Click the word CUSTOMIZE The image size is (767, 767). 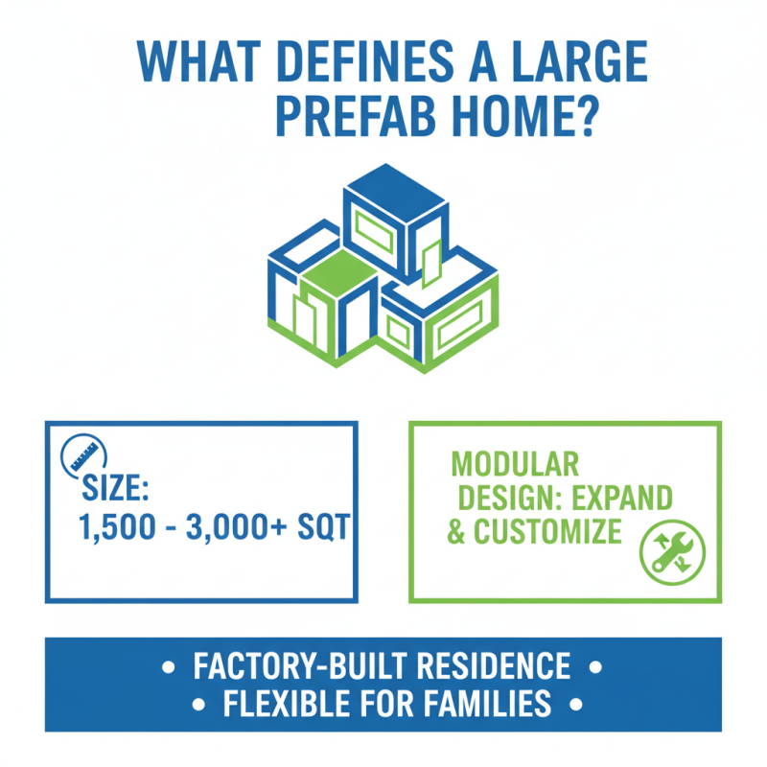tap(546, 530)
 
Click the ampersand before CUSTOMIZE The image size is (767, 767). tap(456, 530)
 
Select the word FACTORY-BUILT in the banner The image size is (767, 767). tap(306, 665)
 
